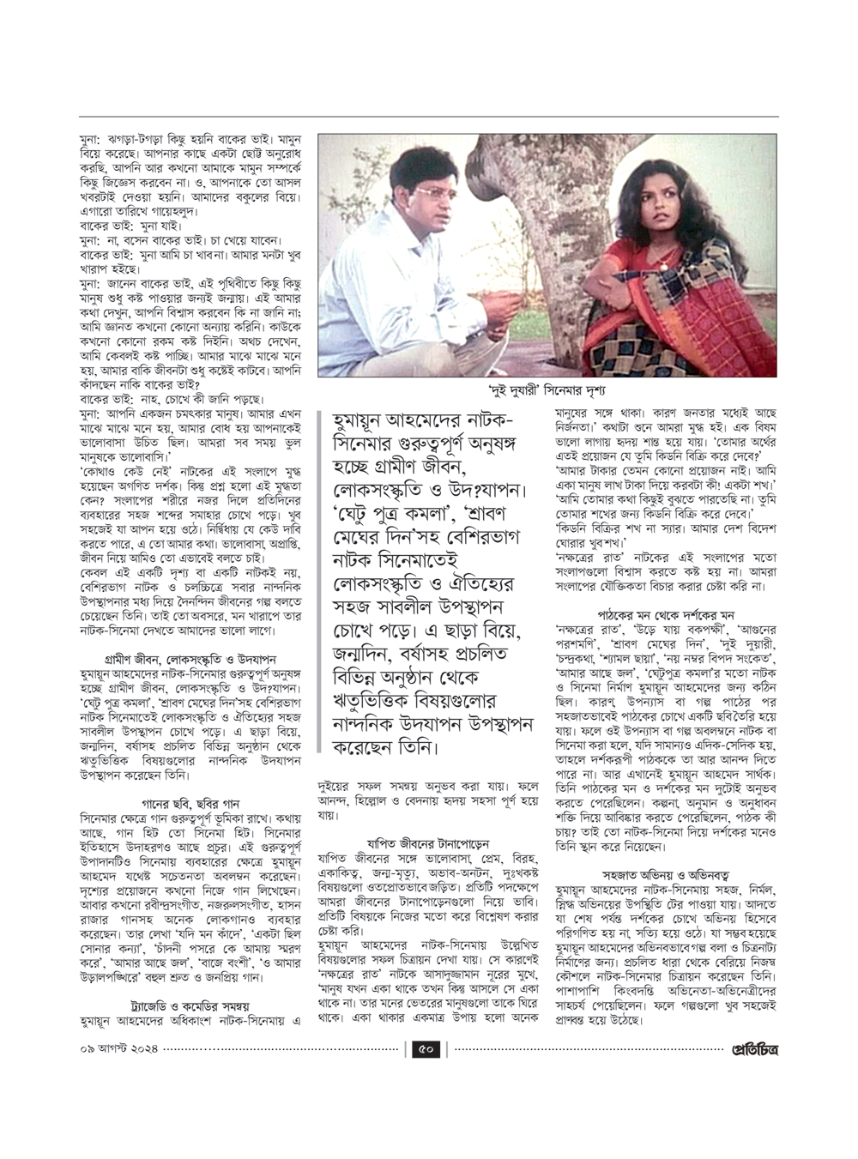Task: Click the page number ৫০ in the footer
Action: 427,1048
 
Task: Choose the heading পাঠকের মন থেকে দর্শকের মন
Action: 666,615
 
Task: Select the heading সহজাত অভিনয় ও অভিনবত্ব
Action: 666,875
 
